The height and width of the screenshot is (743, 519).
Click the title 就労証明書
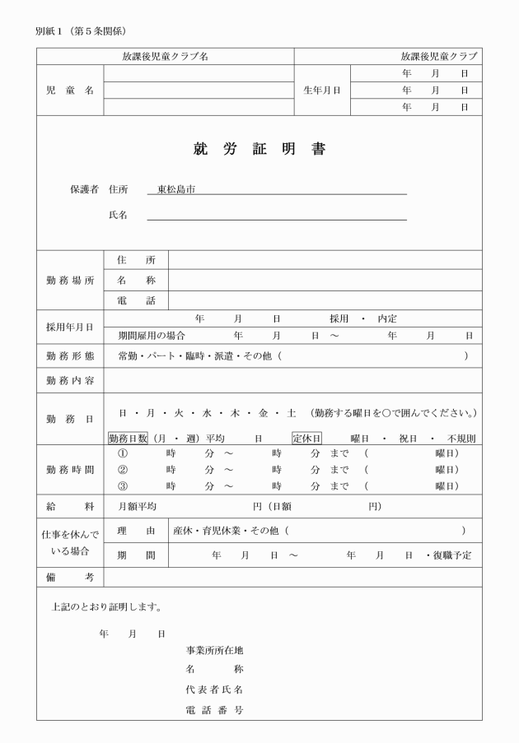pos(259,150)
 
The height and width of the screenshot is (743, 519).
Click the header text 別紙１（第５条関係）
pos(81,31)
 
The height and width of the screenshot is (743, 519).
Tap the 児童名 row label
pos(69,90)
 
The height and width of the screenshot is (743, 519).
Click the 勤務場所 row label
pos(69,280)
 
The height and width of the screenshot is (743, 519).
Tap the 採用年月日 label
pos(69,327)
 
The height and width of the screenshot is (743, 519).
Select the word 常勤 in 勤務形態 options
pos(128,355)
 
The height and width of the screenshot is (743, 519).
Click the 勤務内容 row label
pos(69,381)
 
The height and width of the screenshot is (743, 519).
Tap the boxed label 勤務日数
pos(127,438)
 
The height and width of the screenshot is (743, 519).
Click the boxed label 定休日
pos(306,438)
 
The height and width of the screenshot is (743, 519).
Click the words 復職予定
pos(456,555)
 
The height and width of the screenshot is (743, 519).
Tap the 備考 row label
pos(69,578)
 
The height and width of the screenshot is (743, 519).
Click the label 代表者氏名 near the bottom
pos(214,689)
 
